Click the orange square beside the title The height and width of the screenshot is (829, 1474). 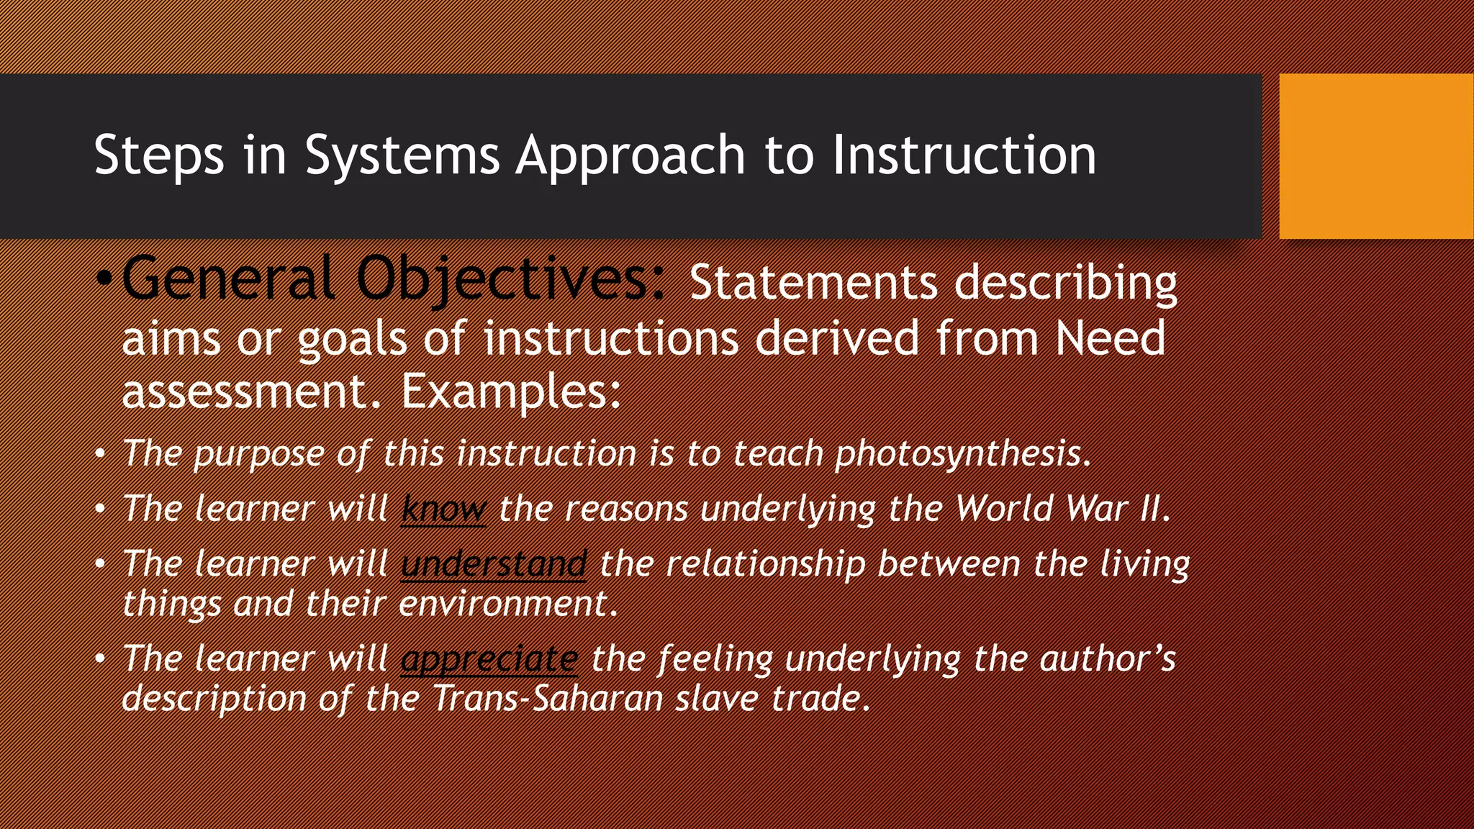(1376, 155)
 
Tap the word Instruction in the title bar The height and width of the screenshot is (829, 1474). (964, 155)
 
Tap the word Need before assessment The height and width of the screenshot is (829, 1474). (1110, 338)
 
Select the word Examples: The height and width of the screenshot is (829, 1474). (511, 392)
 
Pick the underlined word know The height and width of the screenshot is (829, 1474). (443, 509)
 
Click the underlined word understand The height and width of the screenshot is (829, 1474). (494, 563)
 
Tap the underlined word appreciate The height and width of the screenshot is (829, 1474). (489, 658)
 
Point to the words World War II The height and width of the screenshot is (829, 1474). (1062, 509)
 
